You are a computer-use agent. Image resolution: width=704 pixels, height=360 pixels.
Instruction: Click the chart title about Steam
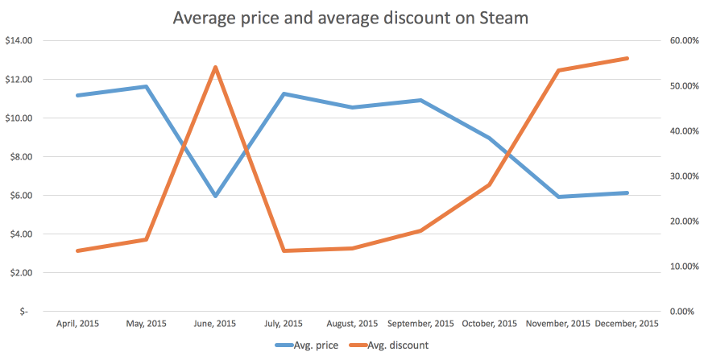(351, 17)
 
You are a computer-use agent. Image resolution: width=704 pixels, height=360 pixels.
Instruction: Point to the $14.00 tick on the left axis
(18, 41)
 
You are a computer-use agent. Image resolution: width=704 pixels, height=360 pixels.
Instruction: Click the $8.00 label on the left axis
(19, 157)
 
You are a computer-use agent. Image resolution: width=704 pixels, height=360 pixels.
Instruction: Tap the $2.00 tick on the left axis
(19, 273)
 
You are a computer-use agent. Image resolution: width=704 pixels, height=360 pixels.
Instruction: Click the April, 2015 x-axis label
(77, 324)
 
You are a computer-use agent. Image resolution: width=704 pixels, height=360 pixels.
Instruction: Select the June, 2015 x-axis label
(215, 324)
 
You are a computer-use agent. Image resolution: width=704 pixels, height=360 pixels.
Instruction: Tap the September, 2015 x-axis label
(420, 324)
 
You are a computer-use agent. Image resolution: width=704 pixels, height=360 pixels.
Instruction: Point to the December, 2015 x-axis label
(627, 324)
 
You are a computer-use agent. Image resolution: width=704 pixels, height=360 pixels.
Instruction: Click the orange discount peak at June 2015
(215, 67)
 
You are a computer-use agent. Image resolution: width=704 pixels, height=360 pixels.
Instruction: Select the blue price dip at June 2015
(215, 196)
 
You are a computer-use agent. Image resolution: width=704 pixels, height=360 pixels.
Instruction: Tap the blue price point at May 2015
(146, 86)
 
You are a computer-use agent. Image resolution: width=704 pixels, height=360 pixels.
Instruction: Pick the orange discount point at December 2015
(627, 58)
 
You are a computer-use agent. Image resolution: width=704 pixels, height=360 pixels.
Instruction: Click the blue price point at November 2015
(558, 197)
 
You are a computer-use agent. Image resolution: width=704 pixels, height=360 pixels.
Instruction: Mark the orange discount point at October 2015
(489, 185)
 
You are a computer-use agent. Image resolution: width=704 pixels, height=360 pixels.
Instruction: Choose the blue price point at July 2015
(284, 93)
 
